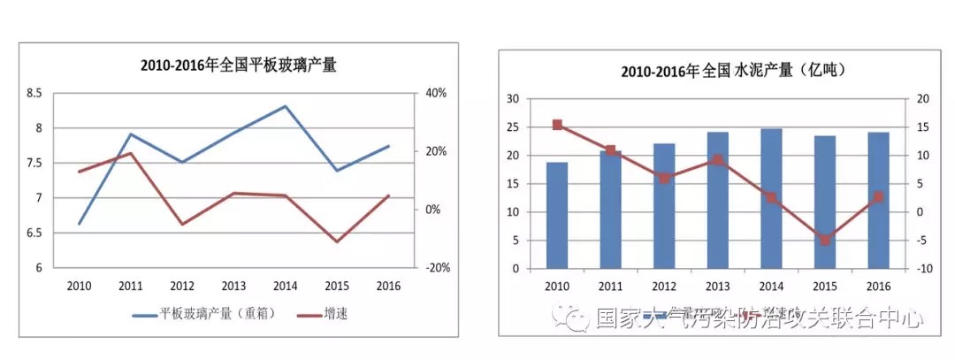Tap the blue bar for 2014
click(x=771, y=198)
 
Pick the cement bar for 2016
click(x=878, y=200)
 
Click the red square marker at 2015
click(x=825, y=240)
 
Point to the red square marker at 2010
click(x=557, y=125)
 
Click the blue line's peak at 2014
click(x=285, y=106)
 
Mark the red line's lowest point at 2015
click(x=336, y=241)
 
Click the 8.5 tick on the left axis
click(x=34, y=93)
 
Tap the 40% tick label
click(x=437, y=93)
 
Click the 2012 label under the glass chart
click(x=182, y=286)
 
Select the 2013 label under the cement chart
click(x=717, y=286)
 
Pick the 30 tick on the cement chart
click(x=513, y=99)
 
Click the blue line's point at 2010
click(x=80, y=224)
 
